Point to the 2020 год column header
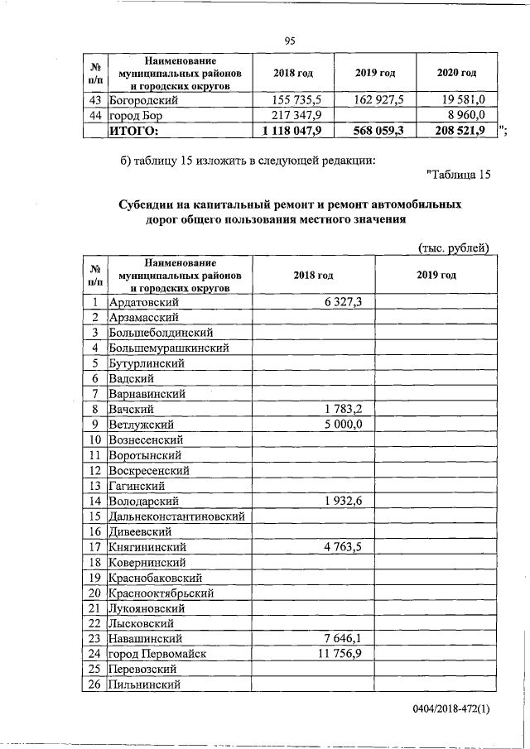tap(456, 73)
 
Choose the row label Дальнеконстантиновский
tap(179, 516)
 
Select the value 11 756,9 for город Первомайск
tap(340, 654)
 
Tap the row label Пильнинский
tap(144, 684)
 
